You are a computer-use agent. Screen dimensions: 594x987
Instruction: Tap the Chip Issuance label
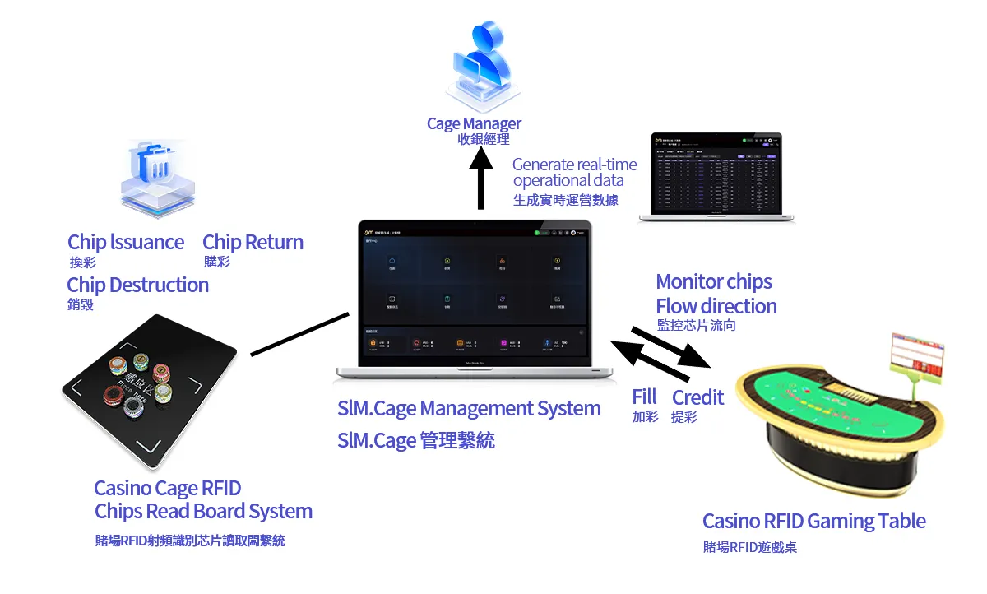126,242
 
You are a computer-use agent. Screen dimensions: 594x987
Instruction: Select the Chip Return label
253,242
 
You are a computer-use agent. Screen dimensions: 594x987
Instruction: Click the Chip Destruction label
137,285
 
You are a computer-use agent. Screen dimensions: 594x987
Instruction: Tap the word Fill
644,397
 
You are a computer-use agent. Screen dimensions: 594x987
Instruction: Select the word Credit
697,397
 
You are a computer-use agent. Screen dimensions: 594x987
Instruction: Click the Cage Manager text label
474,123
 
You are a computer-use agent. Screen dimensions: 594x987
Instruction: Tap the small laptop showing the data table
716,177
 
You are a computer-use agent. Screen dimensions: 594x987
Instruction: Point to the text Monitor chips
713,281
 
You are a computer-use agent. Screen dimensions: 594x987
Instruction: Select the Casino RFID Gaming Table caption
813,521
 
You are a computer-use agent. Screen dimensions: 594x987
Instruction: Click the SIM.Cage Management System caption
469,408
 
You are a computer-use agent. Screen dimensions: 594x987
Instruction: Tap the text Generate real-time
574,165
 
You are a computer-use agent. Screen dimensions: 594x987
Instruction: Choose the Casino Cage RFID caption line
168,488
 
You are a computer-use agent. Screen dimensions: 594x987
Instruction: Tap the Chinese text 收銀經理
484,140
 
